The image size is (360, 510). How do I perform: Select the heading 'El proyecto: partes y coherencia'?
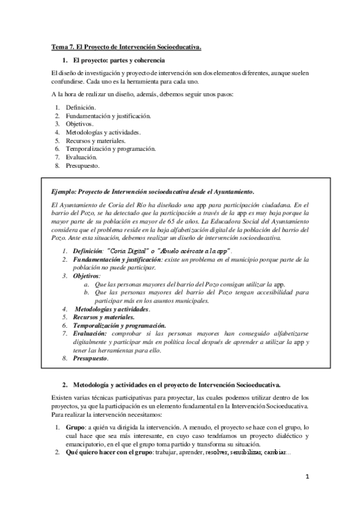[x=115, y=61]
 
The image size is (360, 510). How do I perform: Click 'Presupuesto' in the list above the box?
[x=83, y=165]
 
